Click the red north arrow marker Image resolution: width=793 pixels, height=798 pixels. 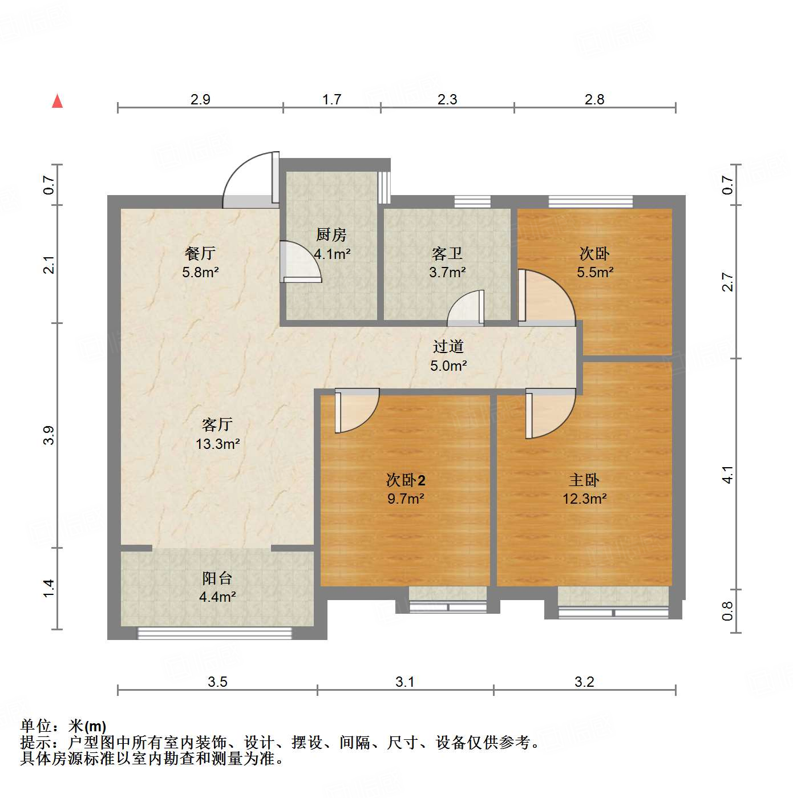(57, 101)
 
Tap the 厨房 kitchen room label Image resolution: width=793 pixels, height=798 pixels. (331, 234)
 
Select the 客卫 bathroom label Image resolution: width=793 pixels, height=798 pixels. (447, 253)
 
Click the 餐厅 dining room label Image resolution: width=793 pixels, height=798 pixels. (200, 253)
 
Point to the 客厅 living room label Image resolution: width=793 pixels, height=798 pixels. (217, 424)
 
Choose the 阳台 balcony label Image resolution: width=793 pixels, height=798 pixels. (217, 578)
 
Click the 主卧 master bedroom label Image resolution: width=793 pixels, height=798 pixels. (584, 480)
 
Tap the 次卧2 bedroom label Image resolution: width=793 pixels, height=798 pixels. (406, 480)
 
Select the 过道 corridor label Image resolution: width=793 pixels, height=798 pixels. (448, 346)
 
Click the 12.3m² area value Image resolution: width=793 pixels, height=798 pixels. (584, 499)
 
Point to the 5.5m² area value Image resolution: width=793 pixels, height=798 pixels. (595, 273)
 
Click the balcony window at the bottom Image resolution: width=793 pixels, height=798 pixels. (215, 633)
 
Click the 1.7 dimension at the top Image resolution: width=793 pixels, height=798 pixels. (331, 100)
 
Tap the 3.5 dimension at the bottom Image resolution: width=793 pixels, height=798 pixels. (217, 682)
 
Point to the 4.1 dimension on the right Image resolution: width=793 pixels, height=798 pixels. (727, 475)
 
